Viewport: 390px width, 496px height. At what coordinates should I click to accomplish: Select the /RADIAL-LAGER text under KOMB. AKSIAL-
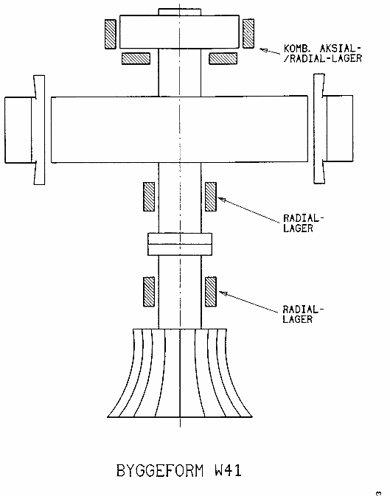[322, 58]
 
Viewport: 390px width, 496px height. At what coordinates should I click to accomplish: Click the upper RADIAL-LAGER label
[303, 223]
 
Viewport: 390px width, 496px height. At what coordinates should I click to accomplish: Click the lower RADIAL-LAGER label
[303, 315]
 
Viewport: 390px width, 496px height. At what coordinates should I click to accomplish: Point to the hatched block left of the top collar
[110, 33]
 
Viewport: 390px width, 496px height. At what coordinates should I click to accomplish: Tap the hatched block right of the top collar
[248, 33]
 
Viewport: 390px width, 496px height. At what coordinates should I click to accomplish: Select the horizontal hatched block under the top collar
[135, 57]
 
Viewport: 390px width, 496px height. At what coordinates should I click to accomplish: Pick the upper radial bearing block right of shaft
[210, 195]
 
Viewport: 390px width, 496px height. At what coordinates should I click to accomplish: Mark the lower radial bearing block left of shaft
[148, 291]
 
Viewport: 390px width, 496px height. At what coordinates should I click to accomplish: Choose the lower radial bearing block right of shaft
[210, 291]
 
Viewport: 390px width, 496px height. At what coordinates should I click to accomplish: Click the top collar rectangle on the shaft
[179, 30]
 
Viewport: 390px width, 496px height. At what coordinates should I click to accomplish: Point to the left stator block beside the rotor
[19, 129]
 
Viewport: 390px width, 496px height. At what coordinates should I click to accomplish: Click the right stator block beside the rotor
[341, 128]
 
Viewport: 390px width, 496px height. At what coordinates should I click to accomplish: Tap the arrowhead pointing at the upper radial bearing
[220, 198]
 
